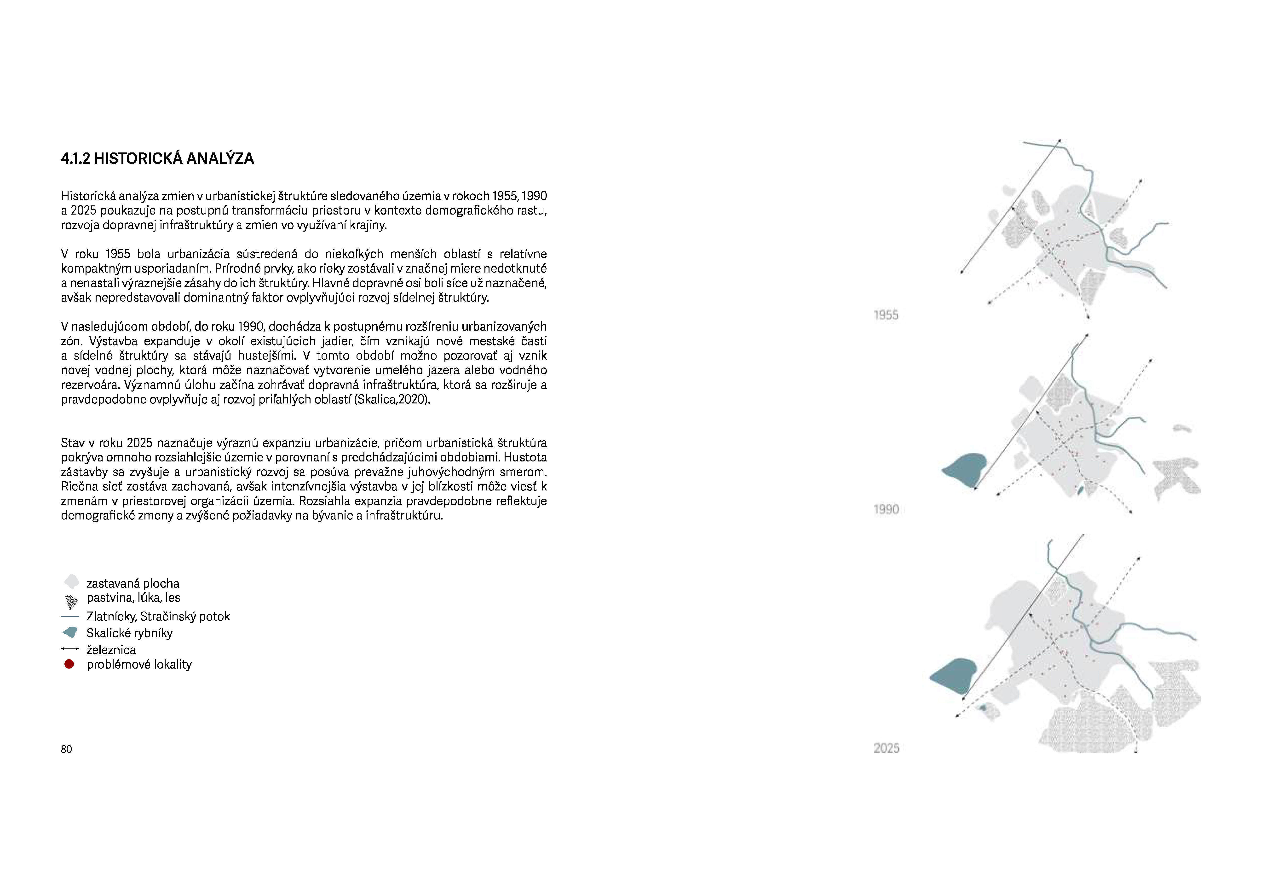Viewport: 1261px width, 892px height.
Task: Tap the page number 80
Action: pyautogui.click(x=66, y=749)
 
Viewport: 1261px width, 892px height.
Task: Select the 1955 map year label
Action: pyautogui.click(x=885, y=315)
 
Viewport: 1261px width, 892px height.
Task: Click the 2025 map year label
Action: pyautogui.click(x=886, y=748)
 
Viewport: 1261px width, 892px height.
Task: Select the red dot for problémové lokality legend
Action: pyautogui.click(x=69, y=665)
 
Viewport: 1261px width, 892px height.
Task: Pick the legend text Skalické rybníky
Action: pyautogui.click(x=130, y=633)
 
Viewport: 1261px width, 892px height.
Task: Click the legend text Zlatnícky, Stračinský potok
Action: pyautogui.click(x=158, y=617)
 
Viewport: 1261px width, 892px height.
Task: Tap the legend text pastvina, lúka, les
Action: pyautogui.click(x=133, y=597)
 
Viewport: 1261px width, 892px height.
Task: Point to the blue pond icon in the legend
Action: pyautogui.click(x=70, y=633)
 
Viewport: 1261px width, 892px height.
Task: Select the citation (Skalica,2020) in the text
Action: pyautogui.click(x=392, y=400)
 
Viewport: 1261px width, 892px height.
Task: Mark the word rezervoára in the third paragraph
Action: pyautogui.click(x=90, y=385)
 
